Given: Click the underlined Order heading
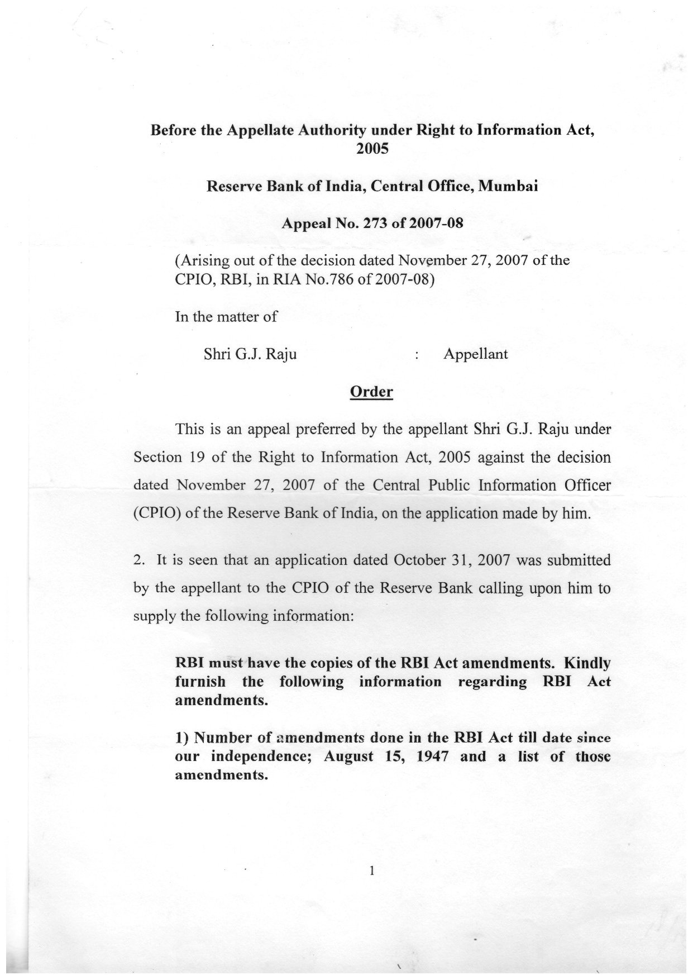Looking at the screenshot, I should [x=371, y=392].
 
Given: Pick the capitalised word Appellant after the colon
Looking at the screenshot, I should [x=475, y=354].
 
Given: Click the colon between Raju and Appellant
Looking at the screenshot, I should [x=417, y=355].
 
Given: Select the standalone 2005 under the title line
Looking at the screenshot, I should [x=371, y=149].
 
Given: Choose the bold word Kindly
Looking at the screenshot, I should [x=587, y=663].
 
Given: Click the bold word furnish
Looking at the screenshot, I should [x=200, y=682].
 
